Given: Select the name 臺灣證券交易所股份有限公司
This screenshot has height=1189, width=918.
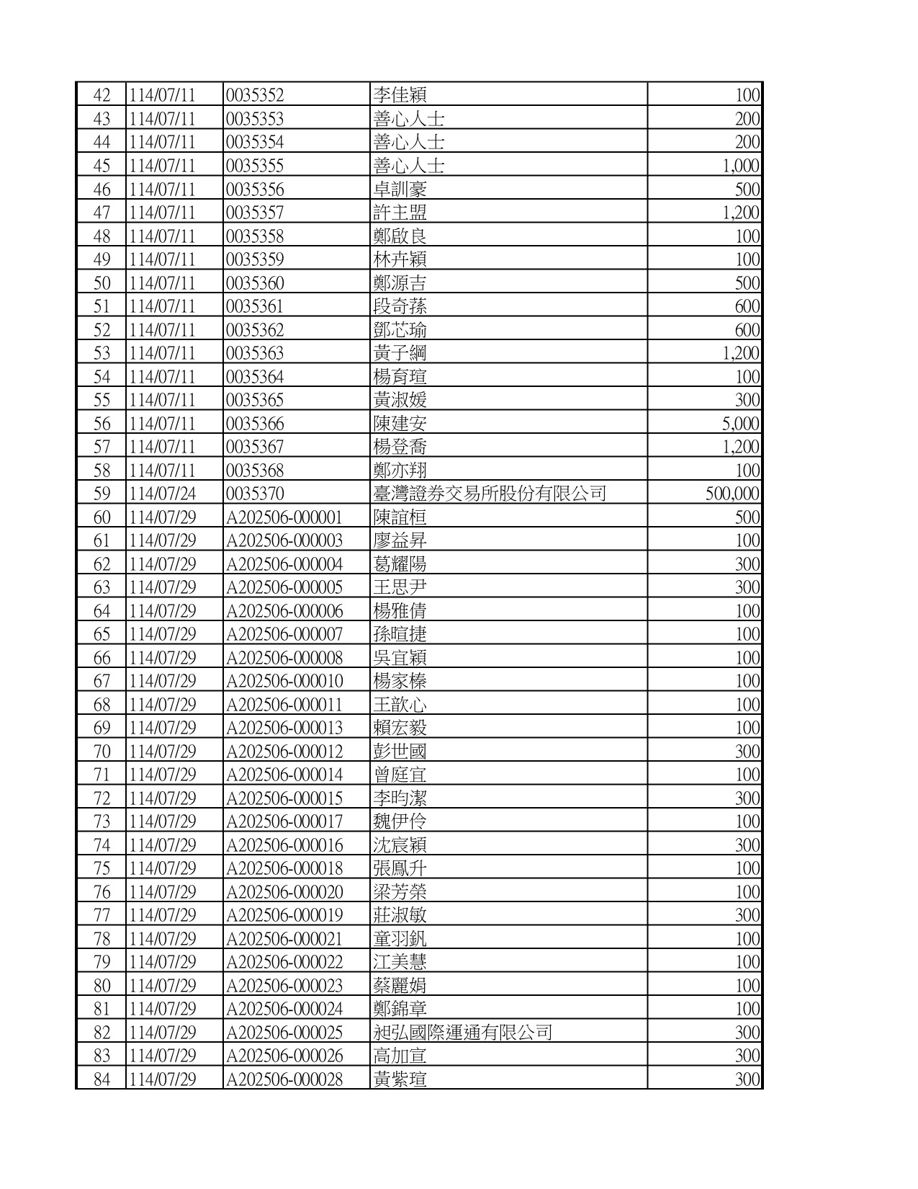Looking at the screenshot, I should pos(490,494).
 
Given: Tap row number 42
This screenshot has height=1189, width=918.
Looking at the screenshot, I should pos(102,95).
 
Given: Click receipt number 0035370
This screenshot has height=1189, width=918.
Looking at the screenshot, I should pos(255,494).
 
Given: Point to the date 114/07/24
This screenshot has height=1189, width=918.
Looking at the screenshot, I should pos(163,494).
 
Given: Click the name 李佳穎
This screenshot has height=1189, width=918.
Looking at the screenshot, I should pos(400,95).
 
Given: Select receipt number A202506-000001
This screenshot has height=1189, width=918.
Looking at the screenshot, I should pos(284,517).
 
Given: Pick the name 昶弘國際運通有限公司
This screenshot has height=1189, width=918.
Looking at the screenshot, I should pos(462,1032).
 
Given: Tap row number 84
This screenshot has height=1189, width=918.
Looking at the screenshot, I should pos(102,1079).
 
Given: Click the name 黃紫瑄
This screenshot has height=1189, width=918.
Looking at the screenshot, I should pos(400,1079).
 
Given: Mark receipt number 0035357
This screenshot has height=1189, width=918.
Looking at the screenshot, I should pos(255,213).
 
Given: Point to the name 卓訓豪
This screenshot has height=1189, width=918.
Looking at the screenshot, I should pos(400,189).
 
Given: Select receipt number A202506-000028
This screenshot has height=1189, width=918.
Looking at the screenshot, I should pos(284,1079).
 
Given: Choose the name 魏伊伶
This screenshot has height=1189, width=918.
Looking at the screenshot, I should pos(400,821).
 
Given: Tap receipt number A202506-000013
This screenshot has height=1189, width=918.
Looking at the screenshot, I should pos(284,728).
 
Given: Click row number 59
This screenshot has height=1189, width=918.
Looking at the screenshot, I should pos(102,494).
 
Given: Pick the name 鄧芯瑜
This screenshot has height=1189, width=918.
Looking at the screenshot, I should pos(400,329).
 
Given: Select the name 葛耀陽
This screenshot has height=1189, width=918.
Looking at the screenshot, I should pos(400,564).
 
